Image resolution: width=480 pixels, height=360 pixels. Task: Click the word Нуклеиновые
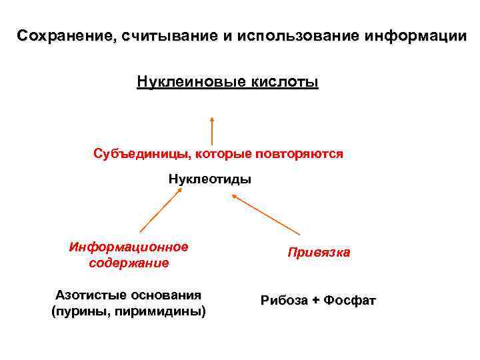[x=189, y=82]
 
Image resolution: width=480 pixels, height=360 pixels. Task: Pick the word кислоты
[x=283, y=82]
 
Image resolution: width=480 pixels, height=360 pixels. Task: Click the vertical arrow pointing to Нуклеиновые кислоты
[x=212, y=130]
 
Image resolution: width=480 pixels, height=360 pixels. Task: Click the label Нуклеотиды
[x=209, y=179]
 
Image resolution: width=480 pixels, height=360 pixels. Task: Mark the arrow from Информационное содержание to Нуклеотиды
[x=161, y=209]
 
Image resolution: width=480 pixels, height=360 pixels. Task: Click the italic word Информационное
[x=129, y=247]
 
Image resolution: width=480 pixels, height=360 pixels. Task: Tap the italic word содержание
[x=129, y=263]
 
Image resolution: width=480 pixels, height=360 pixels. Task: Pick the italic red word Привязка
[x=319, y=253]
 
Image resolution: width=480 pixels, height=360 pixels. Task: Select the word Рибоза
[x=285, y=301]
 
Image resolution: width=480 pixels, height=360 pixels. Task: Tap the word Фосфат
[x=350, y=301]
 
